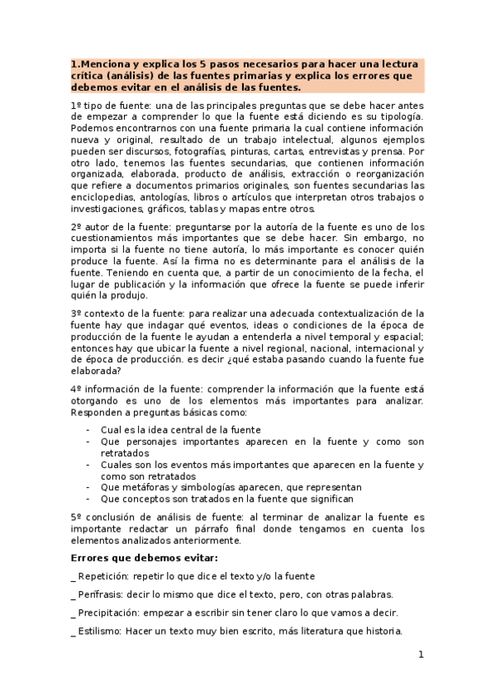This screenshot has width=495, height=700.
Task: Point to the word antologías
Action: [x=170, y=197]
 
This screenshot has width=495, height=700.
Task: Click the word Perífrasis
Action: [x=103, y=594]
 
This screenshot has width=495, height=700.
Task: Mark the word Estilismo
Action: [x=100, y=631]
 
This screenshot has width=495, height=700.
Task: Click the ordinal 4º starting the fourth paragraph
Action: [x=76, y=388]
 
